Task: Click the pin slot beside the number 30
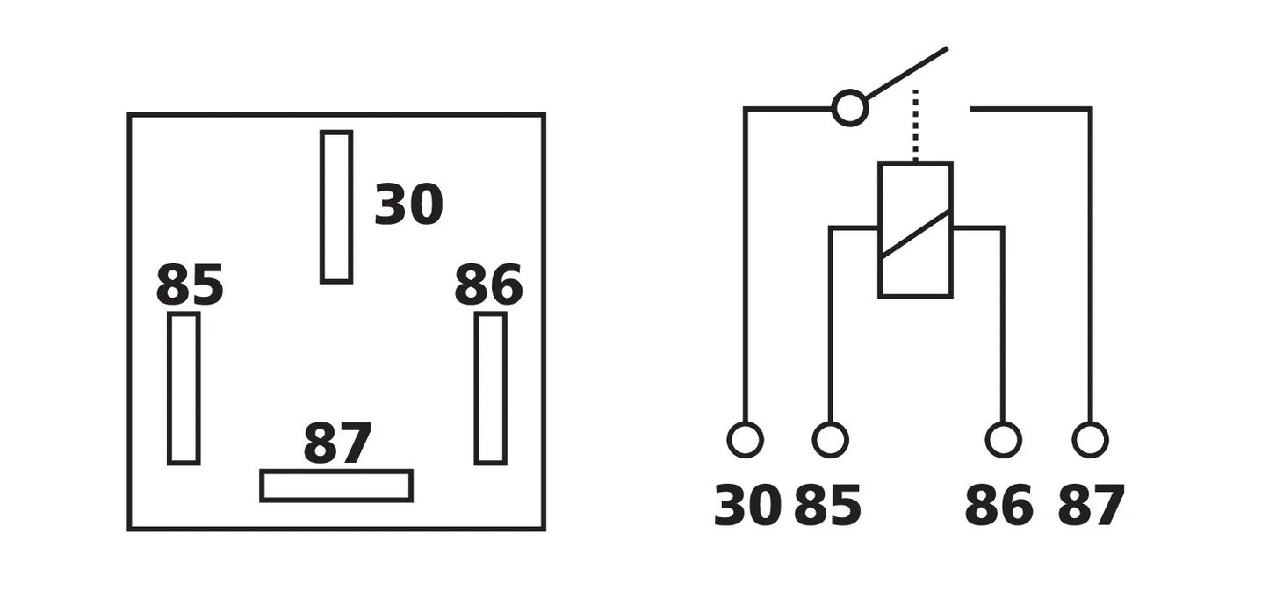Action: [x=321, y=207]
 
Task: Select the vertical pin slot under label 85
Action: [x=169, y=388]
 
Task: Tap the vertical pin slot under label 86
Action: [x=477, y=388]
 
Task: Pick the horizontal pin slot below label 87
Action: [x=336, y=472]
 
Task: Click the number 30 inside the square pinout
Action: [x=408, y=204]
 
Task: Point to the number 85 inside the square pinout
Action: [x=190, y=285]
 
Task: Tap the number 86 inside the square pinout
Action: [x=488, y=285]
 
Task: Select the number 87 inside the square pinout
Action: [x=337, y=443]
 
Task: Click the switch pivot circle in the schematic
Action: [x=850, y=91]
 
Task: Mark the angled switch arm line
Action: [x=906, y=73]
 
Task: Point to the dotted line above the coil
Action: [x=915, y=126]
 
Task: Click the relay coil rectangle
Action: [x=880, y=229]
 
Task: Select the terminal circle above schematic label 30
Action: [x=745, y=423]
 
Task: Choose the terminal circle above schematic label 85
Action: [x=830, y=423]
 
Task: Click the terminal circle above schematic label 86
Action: [x=1003, y=423]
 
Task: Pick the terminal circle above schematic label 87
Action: [x=1090, y=423]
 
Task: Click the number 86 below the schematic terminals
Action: [x=999, y=505]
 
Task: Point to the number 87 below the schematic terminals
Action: [x=1091, y=505]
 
